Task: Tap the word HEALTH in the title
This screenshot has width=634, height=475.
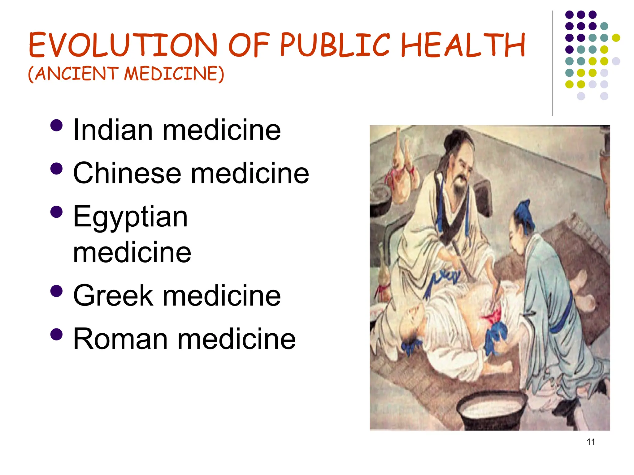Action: pos(463,45)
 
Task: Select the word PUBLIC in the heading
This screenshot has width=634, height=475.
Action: pos(335,45)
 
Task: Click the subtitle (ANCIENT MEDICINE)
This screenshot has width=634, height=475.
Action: pos(126,74)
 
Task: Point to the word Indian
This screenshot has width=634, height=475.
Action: pos(113,130)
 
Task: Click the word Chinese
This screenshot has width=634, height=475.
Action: pos(127,173)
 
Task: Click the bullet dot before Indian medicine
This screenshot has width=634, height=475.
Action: pos(56,126)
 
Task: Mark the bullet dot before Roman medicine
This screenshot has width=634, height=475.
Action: pos(56,334)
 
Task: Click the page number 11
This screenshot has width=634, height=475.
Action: pos(591,442)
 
